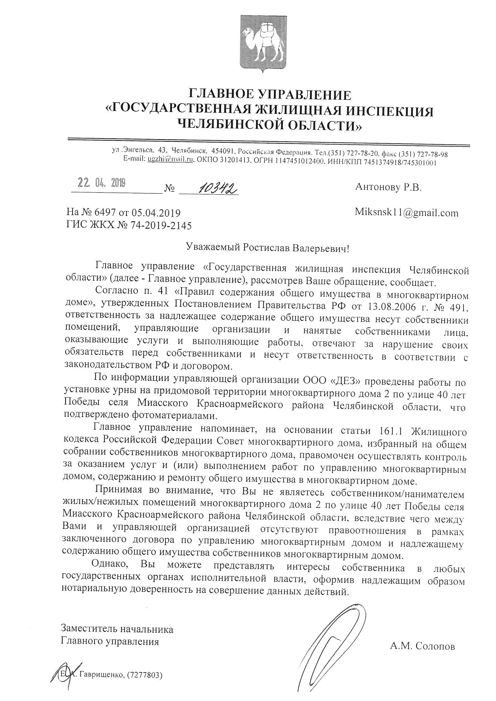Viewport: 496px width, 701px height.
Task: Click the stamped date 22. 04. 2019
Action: pyautogui.click(x=101, y=183)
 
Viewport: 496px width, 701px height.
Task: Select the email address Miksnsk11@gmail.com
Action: pyautogui.click(x=407, y=213)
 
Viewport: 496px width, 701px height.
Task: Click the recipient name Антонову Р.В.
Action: pyautogui.click(x=388, y=187)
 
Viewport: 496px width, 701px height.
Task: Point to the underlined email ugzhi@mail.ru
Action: pyautogui.click(x=170, y=160)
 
